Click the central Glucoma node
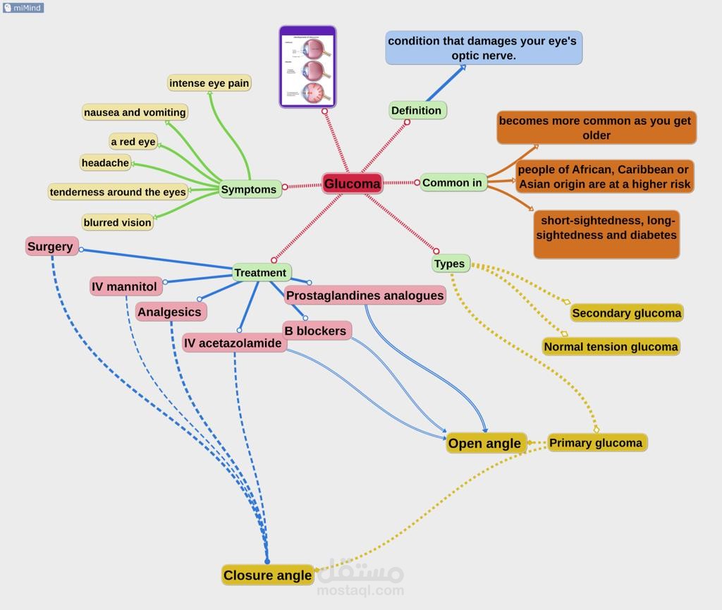click(353, 184)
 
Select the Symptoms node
click(249, 189)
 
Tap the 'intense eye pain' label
click(209, 83)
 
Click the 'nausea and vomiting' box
click(135, 112)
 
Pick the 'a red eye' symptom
click(133, 142)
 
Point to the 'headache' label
click(106, 163)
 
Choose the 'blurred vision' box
click(118, 222)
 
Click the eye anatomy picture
click(307, 67)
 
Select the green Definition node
click(417, 110)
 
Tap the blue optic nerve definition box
click(483, 48)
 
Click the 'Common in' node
click(453, 183)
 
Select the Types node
click(450, 264)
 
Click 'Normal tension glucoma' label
click(611, 346)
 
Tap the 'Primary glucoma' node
click(596, 443)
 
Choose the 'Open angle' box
click(485, 443)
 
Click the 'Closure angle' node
click(267, 575)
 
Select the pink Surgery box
click(51, 246)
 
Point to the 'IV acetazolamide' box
click(233, 343)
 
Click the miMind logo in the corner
click(23, 8)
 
